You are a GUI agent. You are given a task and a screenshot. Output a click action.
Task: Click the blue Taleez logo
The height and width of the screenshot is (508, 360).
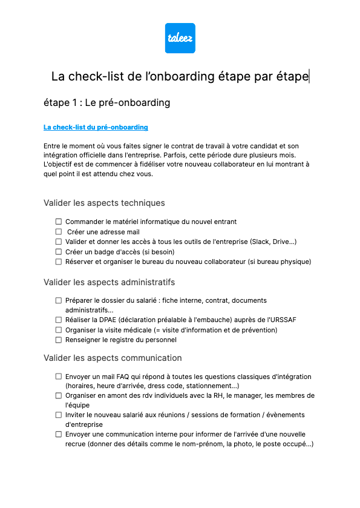pos(180,38)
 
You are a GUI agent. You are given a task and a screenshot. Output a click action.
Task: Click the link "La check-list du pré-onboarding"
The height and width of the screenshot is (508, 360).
pos(96,127)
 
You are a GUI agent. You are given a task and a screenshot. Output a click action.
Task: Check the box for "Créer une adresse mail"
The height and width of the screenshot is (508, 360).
pos(59,232)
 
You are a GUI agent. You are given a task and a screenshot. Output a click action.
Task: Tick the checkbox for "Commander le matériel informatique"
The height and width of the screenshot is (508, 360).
pos(59,222)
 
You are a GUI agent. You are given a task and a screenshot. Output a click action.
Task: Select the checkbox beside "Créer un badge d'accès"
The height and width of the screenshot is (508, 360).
pos(59,252)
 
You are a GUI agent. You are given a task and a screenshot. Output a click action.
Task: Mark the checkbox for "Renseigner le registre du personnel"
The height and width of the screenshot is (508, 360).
pos(59,340)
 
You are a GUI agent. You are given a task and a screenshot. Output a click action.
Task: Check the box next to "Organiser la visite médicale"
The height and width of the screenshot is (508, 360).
pos(59,330)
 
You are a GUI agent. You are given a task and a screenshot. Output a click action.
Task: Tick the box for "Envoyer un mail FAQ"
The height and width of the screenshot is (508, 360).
pos(59,377)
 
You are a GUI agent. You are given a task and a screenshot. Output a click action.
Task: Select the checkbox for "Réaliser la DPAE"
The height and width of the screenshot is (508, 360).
pos(59,320)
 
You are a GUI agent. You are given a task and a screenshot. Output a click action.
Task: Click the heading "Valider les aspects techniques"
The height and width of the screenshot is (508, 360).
pos(104,203)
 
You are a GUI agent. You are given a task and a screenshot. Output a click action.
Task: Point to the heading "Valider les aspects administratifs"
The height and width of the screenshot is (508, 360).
pos(109,282)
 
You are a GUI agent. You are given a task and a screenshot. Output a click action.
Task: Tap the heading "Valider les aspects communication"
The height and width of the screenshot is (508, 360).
pos(113,358)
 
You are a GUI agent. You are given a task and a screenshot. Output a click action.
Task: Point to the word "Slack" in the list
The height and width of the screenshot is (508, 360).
pos(262,242)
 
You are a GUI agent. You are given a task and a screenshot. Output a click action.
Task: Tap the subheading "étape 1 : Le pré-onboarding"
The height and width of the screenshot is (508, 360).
pos(106,102)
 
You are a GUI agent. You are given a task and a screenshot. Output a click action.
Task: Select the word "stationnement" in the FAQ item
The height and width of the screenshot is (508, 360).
pos(208,386)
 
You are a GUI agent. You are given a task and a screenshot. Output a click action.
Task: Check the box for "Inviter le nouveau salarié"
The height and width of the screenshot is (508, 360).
pos(59,415)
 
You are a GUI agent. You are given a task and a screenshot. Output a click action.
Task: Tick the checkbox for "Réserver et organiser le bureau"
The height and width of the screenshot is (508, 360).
pos(59,262)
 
